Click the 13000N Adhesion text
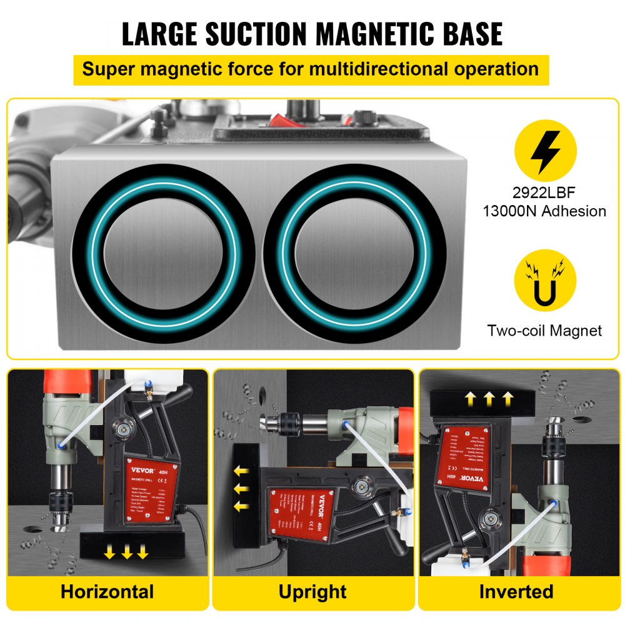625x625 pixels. click(544, 211)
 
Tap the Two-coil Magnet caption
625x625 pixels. click(544, 331)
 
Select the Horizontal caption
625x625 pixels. click(107, 591)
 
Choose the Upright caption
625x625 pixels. click(312, 591)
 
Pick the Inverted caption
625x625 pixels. click(516, 591)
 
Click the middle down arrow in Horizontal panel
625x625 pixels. click(127, 551)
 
